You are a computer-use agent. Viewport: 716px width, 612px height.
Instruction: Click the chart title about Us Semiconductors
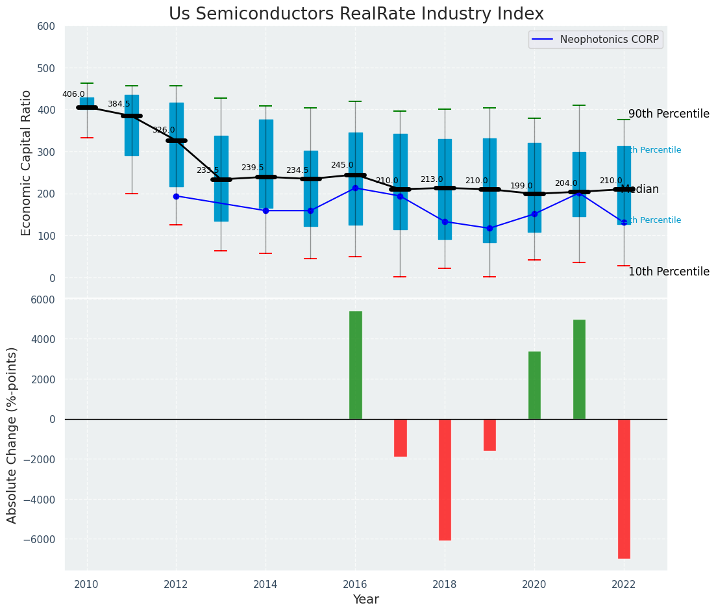click(x=356, y=14)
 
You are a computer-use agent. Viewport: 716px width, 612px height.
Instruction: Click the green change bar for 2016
click(x=355, y=365)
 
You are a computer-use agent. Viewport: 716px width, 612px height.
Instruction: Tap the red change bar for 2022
click(x=624, y=489)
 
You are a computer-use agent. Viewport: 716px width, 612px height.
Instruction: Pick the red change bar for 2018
click(x=445, y=479)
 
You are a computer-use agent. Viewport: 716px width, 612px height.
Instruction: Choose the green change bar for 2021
click(x=579, y=369)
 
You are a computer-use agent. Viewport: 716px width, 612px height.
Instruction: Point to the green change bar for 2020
click(x=534, y=385)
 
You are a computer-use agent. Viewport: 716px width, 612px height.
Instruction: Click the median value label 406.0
click(x=73, y=94)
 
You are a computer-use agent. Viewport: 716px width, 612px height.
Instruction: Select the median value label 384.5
click(x=119, y=104)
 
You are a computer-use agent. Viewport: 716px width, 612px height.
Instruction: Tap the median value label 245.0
click(x=342, y=166)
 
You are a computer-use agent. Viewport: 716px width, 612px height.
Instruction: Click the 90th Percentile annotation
click(x=669, y=114)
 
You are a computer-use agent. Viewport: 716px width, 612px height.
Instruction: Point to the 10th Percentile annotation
click(x=669, y=272)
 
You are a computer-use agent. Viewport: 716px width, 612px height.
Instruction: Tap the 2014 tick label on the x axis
click(x=265, y=585)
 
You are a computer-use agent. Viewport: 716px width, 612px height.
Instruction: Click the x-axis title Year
click(x=365, y=600)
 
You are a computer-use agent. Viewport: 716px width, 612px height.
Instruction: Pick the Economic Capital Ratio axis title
click(x=27, y=162)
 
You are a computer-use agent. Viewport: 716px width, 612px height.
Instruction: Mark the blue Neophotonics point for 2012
click(x=176, y=196)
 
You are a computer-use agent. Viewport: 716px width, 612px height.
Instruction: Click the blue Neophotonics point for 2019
click(x=489, y=228)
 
